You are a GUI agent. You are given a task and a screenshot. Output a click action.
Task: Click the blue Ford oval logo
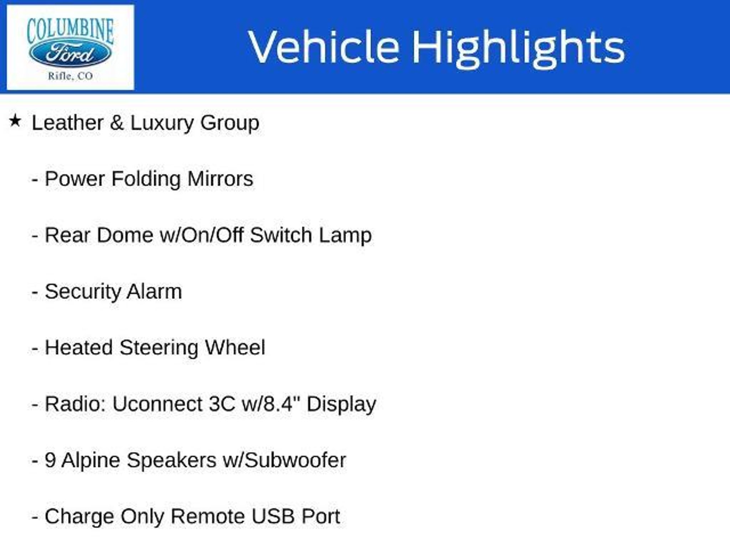tap(70, 54)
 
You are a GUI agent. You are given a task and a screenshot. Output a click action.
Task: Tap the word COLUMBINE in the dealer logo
tap(70, 31)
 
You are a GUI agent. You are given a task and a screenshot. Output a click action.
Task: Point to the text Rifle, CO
tap(70, 76)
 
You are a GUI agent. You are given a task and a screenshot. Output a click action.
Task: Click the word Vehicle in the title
tap(324, 47)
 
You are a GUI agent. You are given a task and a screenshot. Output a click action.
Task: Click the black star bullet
tap(15, 121)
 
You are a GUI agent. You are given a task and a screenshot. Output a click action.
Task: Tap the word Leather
tap(67, 123)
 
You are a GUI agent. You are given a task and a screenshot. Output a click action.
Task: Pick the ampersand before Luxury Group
tap(117, 123)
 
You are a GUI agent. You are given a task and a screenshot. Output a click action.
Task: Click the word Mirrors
tap(220, 178)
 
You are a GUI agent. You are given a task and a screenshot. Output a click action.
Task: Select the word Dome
tap(125, 235)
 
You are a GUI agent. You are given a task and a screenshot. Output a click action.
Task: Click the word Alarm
tap(154, 291)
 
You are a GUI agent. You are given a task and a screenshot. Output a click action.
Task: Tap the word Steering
tap(159, 348)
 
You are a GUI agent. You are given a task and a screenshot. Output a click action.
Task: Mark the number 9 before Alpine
tap(50, 460)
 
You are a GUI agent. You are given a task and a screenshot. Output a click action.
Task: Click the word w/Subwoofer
tap(284, 460)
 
